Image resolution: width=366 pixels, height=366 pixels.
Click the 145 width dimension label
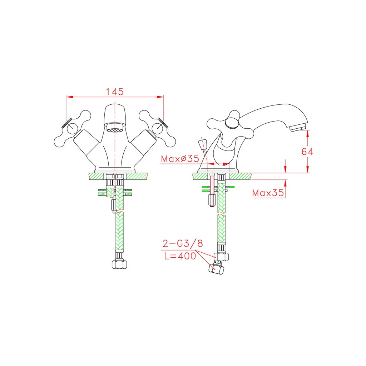[115, 92]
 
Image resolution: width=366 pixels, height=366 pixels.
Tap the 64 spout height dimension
[307, 152]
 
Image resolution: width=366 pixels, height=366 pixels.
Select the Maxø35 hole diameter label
[180, 159]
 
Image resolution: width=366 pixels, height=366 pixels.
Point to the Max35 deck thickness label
[268, 193]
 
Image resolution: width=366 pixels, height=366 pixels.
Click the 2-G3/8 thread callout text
[183, 243]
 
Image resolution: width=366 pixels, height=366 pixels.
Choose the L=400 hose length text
[180, 256]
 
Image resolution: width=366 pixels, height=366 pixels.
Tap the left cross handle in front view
[72, 129]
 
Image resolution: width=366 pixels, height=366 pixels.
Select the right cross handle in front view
[157, 129]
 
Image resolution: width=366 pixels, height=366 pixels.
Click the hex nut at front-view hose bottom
[119, 264]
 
